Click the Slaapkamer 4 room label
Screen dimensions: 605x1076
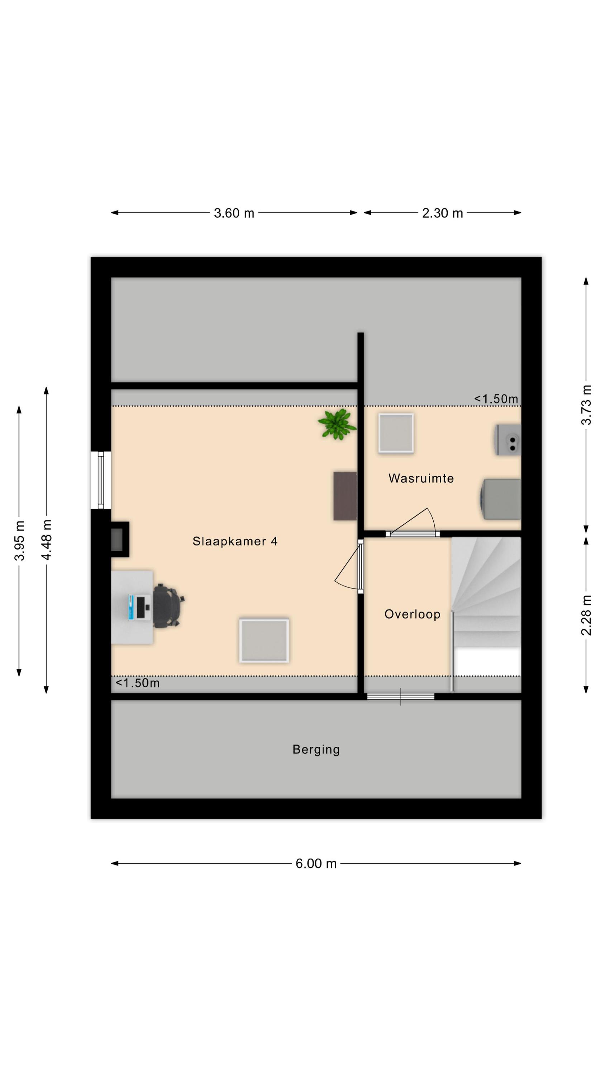235,541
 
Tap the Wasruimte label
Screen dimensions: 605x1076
421,478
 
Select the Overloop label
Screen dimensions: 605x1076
412,614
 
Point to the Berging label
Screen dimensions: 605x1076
316,749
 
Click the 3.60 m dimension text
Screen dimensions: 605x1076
234,213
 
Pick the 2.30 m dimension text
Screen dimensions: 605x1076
442,213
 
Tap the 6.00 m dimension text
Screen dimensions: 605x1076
316,863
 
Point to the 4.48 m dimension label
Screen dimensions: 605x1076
46,540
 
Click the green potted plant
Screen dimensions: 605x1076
337,424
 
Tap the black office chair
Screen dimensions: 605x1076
168,606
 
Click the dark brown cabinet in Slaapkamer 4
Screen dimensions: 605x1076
345,496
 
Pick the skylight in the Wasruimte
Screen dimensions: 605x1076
396,433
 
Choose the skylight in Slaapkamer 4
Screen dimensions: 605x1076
264,640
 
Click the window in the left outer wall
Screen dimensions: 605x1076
101,480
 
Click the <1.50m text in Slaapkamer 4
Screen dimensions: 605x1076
137,683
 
